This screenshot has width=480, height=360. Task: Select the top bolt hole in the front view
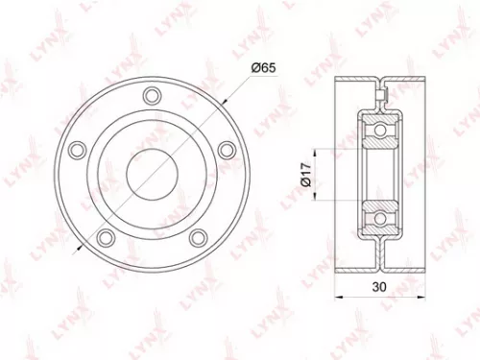(150, 95)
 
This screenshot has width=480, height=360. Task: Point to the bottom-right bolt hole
(197, 236)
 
